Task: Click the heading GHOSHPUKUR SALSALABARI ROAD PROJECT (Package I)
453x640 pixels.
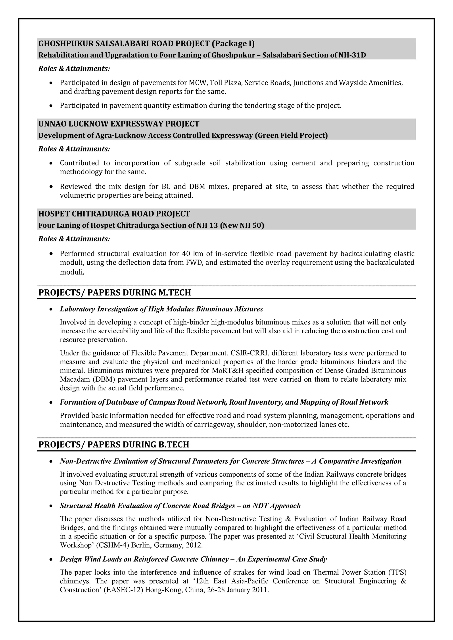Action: point(146,44)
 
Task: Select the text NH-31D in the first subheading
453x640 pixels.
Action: point(352,55)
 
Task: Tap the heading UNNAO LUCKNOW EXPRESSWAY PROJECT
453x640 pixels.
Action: point(119,124)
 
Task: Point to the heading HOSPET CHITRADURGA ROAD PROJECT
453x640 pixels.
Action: point(114,214)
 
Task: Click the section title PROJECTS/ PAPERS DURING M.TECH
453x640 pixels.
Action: point(115,293)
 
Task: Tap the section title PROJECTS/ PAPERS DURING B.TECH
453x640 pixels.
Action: point(114,445)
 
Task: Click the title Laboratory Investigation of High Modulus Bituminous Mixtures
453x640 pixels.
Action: point(161,309)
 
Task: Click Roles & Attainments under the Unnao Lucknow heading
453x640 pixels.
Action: point(74,149)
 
